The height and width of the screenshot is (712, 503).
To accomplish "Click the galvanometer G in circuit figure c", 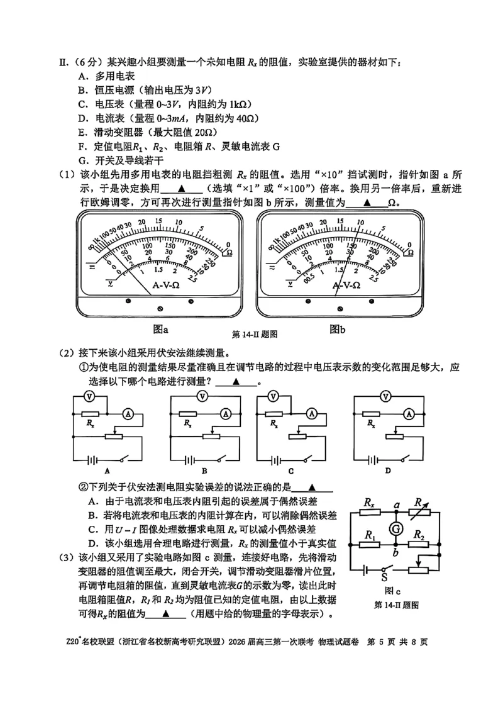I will [397, 528].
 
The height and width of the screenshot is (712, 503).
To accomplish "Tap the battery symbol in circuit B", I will [187, 459].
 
